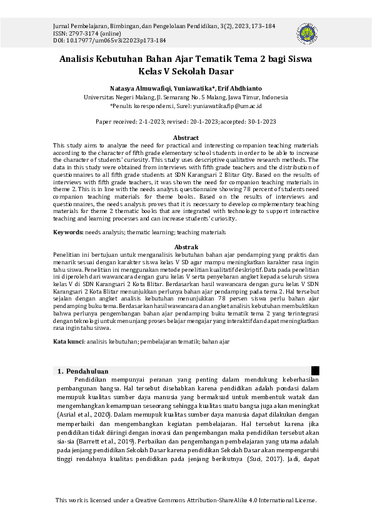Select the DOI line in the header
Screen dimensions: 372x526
109,40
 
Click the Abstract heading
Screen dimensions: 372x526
186,137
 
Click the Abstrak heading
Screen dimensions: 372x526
186,247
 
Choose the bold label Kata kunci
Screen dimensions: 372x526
68,342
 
